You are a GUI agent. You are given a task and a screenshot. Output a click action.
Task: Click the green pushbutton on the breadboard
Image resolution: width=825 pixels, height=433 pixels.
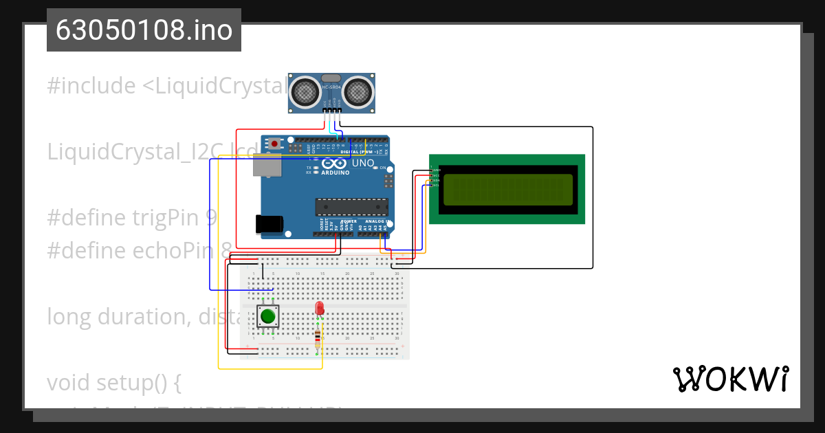[x=267, y=317]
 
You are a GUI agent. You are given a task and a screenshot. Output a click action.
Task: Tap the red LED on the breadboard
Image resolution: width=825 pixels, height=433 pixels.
[x=319, y=309]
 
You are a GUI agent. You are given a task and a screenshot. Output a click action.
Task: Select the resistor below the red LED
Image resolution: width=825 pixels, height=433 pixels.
[x=317, y=336]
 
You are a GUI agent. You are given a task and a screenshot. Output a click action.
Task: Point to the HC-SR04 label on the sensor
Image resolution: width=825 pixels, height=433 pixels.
[x=331, y=87]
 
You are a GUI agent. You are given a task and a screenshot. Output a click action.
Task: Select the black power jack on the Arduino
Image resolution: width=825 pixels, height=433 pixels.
[x=269, y=224]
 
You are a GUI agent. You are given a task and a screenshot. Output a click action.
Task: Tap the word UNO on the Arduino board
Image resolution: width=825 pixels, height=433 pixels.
[x=363, y=164]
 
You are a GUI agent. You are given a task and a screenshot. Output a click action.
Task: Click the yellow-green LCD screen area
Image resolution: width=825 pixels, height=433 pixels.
[x=508, y=190]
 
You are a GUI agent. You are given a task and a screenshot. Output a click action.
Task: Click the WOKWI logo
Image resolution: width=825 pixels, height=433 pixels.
[x=730, y=379]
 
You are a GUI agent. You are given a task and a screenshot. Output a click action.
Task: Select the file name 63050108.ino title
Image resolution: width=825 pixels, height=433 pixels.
[x=144, y=30]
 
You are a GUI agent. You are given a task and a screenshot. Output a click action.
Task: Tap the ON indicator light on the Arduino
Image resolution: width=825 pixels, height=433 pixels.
[x=375, y=167]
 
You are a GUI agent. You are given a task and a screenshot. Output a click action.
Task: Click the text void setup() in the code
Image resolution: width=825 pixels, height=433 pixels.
[x=113, y=382]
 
